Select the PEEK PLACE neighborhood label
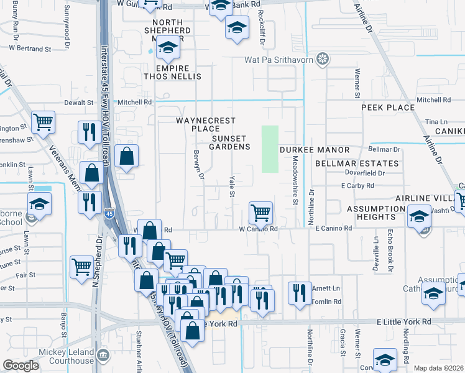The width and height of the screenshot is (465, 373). click(388, 108)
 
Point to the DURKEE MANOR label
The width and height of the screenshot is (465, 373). click(314, 150)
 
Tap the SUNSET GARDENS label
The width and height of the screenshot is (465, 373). click(231, 142)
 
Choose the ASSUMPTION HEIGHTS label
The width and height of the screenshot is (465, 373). click(371, 213)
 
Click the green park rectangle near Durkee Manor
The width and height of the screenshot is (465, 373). click(269, 149)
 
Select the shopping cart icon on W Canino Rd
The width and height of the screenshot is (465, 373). click(260, 213)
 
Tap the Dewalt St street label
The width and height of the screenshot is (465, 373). click(79, 102)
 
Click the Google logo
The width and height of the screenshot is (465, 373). click(21, 366)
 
